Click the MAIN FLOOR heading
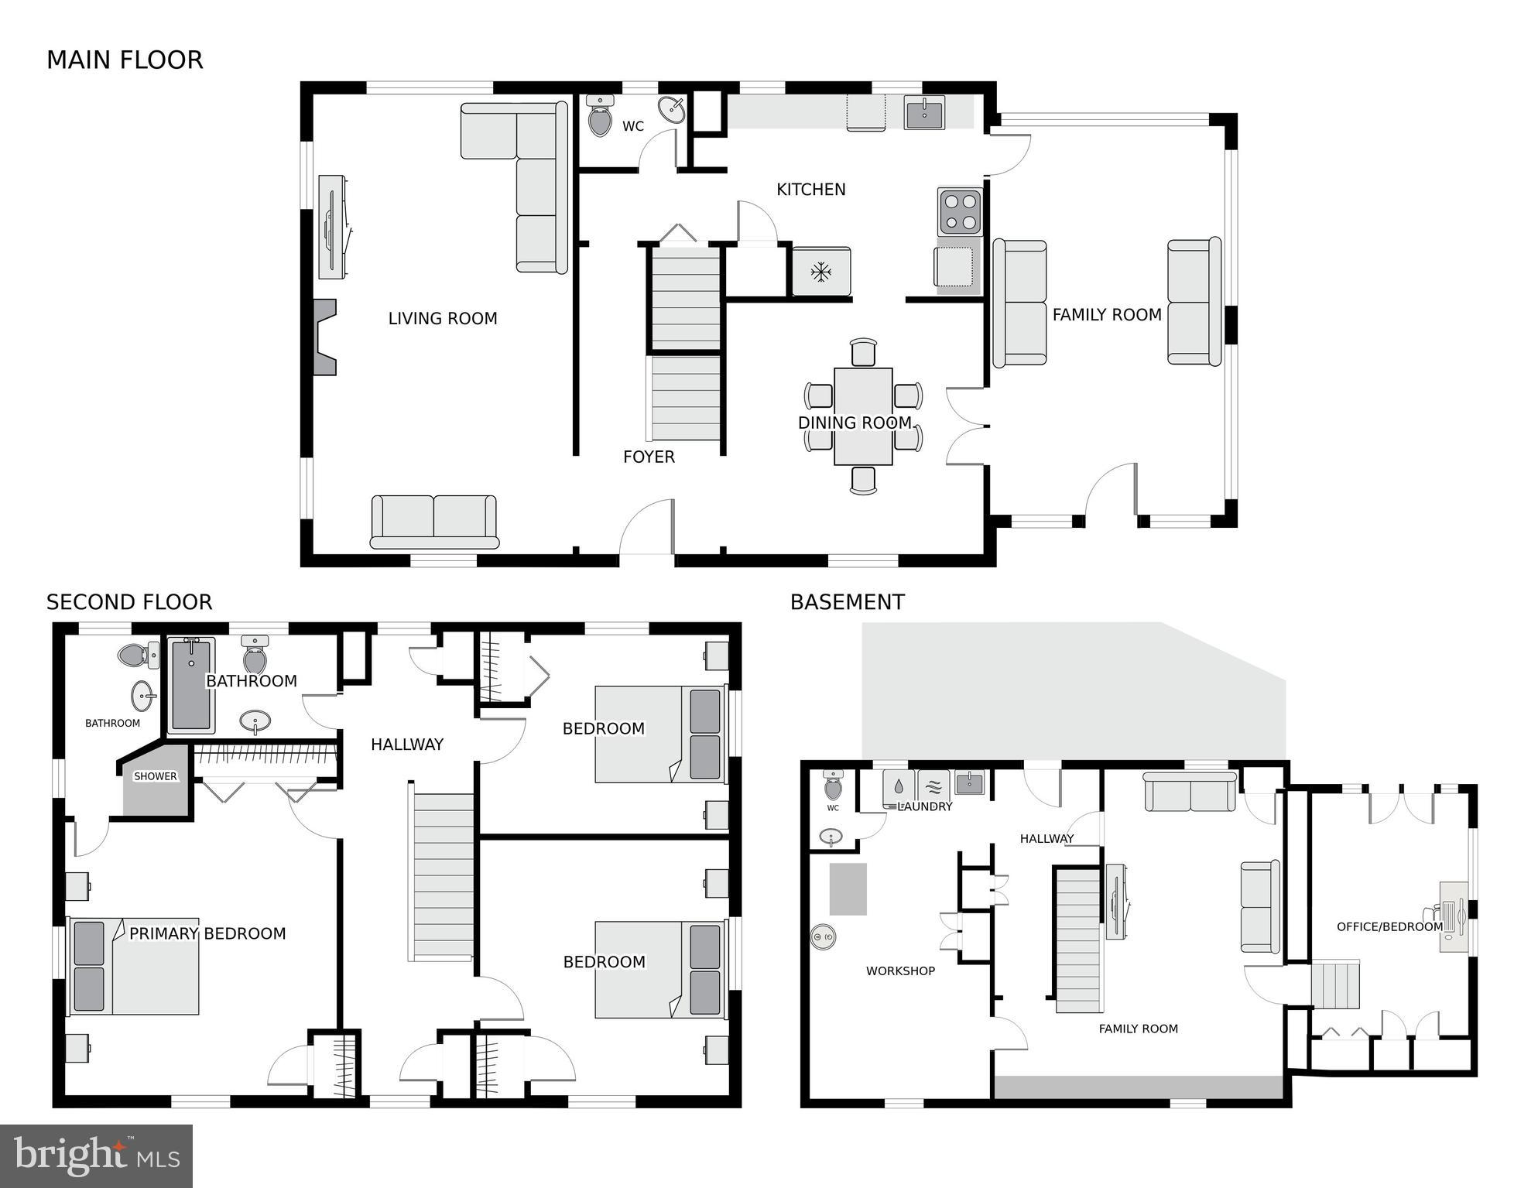click(x=125, y=60)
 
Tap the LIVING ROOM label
click(x=442, y=318)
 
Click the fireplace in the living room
click(x=324, y=337)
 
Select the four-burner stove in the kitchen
click(x=960, y=211)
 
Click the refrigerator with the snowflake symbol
click(x=820, y=272)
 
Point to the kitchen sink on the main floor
click(x=924, y=113)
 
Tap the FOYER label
click(x=649, y=457)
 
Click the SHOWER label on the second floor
click(x=155, y=776)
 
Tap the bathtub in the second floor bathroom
click(x=190, y=686)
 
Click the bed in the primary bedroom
click(x=135, y=966)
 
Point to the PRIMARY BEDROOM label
click(x=207, y=933)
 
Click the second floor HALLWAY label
click(x=406, y=744)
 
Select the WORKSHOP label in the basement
click(x=900, y=971)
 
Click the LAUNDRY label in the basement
click(x=926, y=806)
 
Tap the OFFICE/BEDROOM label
click(x=1389, y=926)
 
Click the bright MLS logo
click(x=96, y=1155)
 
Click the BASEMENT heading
click(x=847, y=602)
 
